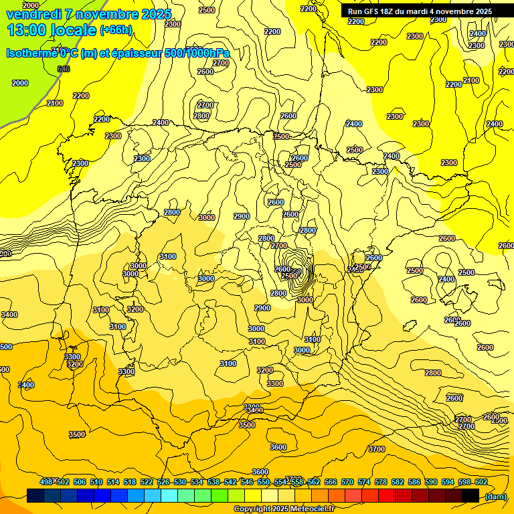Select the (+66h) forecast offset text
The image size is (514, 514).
[x=116, y=30]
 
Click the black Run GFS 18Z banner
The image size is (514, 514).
[x=420, y=11]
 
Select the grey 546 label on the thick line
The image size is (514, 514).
[x=64, y=70]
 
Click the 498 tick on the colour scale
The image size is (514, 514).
[x=46, y=482]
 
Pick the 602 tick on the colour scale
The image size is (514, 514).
[x=481, y=482]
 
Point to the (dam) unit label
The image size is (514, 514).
[x=495, y=496]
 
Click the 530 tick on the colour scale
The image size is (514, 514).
[x=180, y=482]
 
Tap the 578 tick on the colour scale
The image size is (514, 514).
[x=380, y=482]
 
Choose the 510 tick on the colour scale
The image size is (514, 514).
[x=96, y=482]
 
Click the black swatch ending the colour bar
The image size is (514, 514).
[x=470, y=495]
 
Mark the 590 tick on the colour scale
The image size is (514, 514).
[x=430, y=482]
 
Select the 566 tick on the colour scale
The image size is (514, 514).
[x=330, y=482]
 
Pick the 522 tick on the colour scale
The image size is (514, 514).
[x=147, y=482]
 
